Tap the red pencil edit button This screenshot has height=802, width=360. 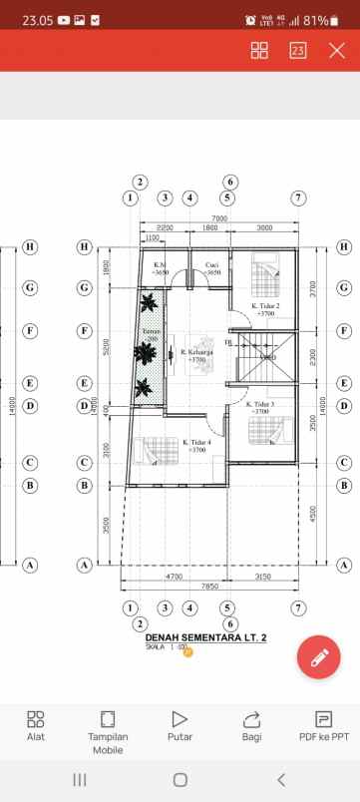[x=319, y=657]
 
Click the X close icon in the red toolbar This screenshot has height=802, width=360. [x=337, y=50]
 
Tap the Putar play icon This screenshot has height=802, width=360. [x=180, y=719]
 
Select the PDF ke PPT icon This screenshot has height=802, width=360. [x=323, y=719]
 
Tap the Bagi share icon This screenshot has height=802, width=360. [x=251, y=719]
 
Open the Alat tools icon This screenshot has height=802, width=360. [x=36, y=719]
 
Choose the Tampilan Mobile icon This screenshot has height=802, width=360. [x=108, y=719]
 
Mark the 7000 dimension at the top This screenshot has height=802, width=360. [x=219, y=218]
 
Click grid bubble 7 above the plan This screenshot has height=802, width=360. [x=298, y=198]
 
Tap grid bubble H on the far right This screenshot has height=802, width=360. [x=344, y=246]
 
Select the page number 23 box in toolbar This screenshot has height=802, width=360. [x=298, y=50]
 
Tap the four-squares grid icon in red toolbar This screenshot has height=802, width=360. [x=259, y=50]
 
